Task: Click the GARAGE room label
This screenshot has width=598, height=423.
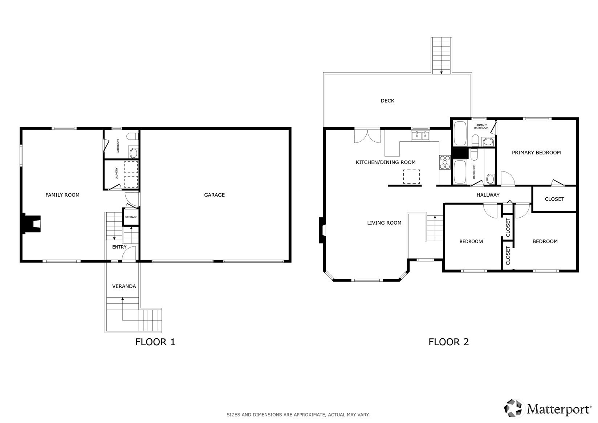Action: click(x=214, y=195)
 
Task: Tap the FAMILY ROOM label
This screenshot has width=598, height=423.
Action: click(x=62, y=195)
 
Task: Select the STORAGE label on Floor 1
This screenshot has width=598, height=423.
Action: click(x=131, y=217)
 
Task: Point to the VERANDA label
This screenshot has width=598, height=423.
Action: click(x=124, y=286)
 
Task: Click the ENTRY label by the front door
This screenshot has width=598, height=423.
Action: click(x=119, y=247)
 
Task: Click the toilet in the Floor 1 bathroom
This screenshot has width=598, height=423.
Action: click(x=133, y=137)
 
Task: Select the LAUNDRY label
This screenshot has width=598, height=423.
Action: click(x=117, y=173)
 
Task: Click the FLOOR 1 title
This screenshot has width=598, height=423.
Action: click(x=155, y=342)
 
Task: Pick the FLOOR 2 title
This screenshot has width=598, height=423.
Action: click(x=448, y=342)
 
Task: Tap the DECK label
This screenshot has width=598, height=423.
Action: click(x=387, y=101)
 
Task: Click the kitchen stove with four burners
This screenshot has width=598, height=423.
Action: click(x=445, y=162)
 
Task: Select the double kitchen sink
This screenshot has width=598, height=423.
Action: click(x=421, y=136)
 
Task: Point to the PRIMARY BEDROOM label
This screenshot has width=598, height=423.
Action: click(x=536, y=153)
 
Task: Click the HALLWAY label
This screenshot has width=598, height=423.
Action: click(x=488, y=195)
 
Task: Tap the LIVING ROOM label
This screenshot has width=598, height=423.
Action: click(x=384, y=223)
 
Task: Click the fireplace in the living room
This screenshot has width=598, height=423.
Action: click(x=322, y=230)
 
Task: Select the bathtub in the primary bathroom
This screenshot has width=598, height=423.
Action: click(x=460, y=134)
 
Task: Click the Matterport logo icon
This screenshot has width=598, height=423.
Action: click(x=513, y=408)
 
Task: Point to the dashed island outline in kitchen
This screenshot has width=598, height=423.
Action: click(x=411, y=177)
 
